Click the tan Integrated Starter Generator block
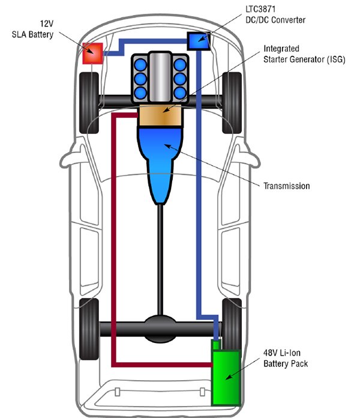click(159, 116)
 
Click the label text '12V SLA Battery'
click(32, 29)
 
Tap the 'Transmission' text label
click(286, 186)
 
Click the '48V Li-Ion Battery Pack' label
click(286, 358)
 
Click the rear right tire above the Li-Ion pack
click(231, 318)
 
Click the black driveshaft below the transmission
click(161, 258)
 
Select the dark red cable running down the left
click(113, 240)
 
